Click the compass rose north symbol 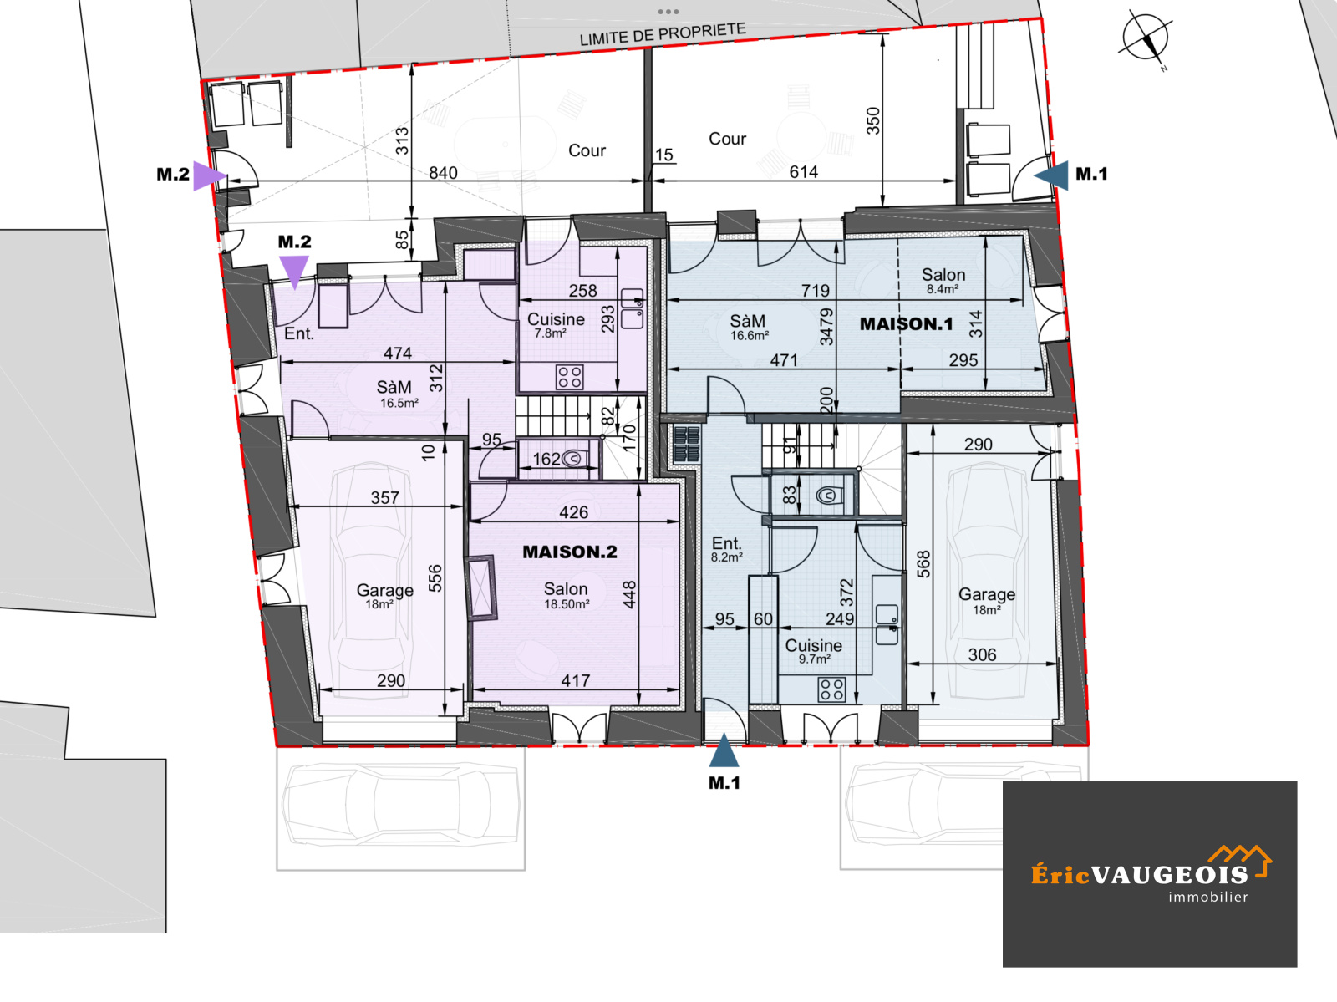[1146, 38]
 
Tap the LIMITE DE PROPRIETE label [663, 34]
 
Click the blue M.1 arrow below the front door [724, 750]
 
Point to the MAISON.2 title [570, 552]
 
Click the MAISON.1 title [907, 324]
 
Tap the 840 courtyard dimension [443, 173]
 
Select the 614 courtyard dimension [803, 172]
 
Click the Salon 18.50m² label [567, 595]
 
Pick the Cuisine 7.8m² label [556, 324]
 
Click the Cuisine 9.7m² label [814, 650]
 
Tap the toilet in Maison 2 [573, 458]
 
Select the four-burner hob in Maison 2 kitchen [570, 377]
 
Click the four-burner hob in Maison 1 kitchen [831, 689]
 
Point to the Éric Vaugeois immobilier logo [1150, 875]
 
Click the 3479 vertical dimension [826, 327]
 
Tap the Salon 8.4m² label [943, 280]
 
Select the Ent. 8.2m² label [727, 548]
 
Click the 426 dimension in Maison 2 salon [574, 512]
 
